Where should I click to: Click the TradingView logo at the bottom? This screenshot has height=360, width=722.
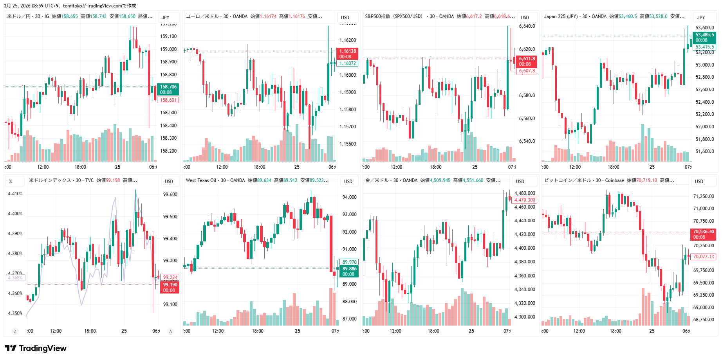click(36, 348)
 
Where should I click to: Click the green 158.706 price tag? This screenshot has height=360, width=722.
click(168, 89)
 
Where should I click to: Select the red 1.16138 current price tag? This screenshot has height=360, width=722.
click(347, 54)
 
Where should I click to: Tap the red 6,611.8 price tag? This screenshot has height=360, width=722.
click(527, 61)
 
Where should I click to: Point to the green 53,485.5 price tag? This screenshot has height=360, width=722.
click(704, 37)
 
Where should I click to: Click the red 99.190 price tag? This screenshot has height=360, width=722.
click(170, 287)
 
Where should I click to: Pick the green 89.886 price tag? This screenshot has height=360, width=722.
click(349, 271)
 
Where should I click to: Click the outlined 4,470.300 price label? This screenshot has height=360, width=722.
click(524, 200)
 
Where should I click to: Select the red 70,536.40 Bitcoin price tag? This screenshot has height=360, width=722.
click(703, 234)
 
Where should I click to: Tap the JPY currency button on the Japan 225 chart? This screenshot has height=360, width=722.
click(701, 17)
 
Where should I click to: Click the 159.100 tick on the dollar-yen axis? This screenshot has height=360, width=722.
click(168, 36)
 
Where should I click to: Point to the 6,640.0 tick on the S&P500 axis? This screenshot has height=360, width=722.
click(527, 26)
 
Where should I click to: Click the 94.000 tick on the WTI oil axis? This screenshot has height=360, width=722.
click(349, 197)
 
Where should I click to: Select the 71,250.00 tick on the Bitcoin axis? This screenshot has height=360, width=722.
click(703, 196)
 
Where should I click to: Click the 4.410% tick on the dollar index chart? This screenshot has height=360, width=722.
click(15, 194)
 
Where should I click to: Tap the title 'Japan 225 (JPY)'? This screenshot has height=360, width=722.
click(560, 16)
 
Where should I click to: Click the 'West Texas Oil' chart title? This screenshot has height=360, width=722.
click(201, 180)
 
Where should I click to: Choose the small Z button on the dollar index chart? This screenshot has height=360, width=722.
click(15, 331)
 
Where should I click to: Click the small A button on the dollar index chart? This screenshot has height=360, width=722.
click(170, 331)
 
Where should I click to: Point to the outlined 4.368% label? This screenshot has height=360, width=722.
click(15, 278)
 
